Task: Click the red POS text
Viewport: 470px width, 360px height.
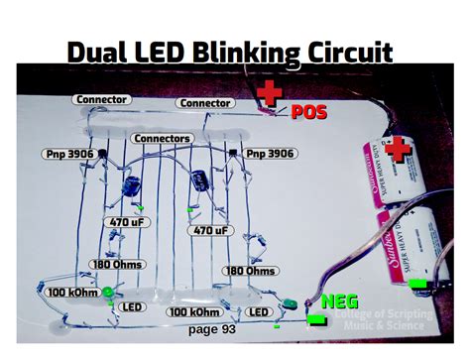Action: (308, 113)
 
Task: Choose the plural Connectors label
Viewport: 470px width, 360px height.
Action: (162, 138)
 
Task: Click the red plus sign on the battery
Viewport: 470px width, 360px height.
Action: (400, 151)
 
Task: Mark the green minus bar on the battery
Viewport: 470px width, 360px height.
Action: (419, 284)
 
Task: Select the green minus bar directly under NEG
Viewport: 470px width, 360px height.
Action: (316, 319)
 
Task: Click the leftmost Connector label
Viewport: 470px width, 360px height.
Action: (100, 99)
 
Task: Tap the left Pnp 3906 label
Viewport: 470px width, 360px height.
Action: (72, 154)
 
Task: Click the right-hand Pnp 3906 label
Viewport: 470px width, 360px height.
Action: (271, 154)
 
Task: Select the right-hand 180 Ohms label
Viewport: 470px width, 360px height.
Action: (250, 271)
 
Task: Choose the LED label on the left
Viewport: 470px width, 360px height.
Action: (131, 308)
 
